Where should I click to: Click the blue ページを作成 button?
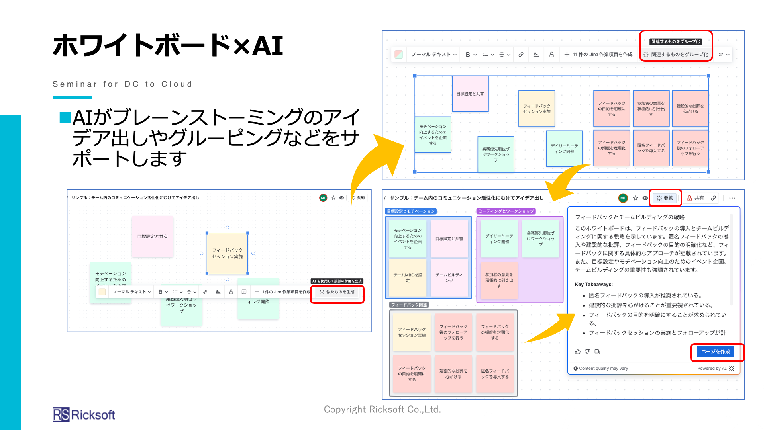pos(715,352)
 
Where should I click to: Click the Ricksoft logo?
pos(84,415)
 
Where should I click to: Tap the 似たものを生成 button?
pos(337,292)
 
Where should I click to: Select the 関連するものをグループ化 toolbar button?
pos(676,55)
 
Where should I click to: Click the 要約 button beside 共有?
pos(665,198)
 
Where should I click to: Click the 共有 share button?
pos(696,198)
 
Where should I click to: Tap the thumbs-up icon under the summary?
pos(578,352)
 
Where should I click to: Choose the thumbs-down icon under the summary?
pos(587,352)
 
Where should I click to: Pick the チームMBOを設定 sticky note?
pos(408,278)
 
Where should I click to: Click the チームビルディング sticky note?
pos(449,278)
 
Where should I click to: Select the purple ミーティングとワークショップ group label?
pos(506,211)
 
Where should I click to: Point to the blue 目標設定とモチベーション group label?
pos(411,211)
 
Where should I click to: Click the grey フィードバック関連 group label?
pos(409,305)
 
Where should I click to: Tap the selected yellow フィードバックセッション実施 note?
pos(227,254)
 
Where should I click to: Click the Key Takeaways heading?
pos(594,284)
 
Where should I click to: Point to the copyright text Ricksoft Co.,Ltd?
pos(382,409)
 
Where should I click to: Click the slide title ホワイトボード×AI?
pos(168,45)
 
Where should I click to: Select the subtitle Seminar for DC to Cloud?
pos(122,84)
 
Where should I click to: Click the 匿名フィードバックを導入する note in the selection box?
pos(651,148)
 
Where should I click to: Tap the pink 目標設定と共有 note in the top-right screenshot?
pos(470,94)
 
